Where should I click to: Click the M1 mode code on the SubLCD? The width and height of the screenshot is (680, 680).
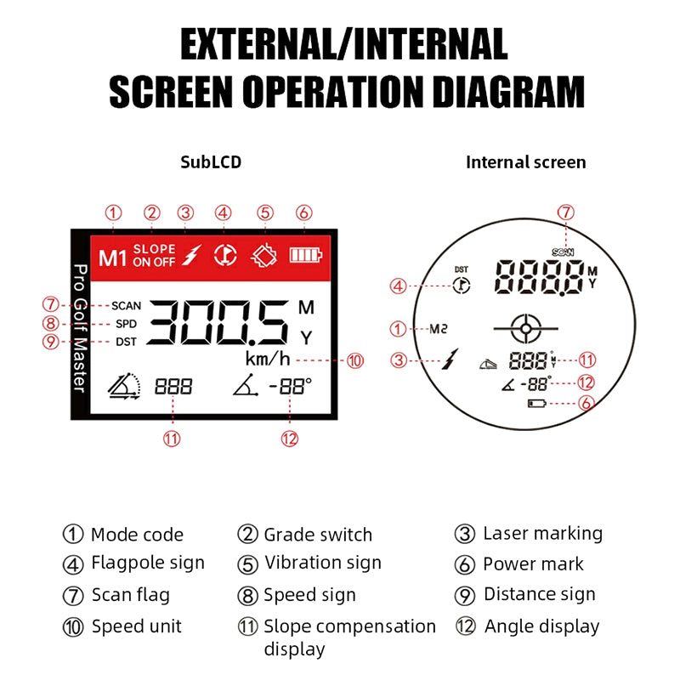click(x=112, y=258)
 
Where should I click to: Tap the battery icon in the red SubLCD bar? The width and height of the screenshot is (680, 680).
click(x=306, y=255)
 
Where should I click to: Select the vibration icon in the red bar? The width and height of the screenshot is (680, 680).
click(x=264, y=256)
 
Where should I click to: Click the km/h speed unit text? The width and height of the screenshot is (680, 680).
click(x=268, y=359)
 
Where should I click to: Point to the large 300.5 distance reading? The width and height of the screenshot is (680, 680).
click(x=218, y=322)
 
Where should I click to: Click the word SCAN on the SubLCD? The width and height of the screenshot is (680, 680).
click(x=126, y=306)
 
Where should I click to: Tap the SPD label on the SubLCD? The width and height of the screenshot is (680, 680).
click(x=126, y=324)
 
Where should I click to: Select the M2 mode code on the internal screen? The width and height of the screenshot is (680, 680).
click(x=438, y=329)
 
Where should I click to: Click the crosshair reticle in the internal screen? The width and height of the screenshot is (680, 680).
click(x=525, y=329)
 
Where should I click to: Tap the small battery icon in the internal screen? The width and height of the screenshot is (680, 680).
click(x=537, y=404)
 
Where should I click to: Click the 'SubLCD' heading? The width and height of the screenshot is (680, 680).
click(x=211, y=162)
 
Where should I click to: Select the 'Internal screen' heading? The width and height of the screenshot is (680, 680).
click(x=525, y=162)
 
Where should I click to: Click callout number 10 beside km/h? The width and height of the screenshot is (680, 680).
click(x=354, y=360)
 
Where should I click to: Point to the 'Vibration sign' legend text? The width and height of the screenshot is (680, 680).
click(x=323, y=563)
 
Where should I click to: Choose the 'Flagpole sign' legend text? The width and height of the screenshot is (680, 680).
click(x=148, y=563)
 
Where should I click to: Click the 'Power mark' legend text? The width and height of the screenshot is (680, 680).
click(x=534, y=564)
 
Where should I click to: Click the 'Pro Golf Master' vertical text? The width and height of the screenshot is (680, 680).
click(x=80, y=328)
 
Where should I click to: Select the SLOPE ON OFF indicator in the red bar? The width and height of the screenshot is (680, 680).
click(x=154, y=255)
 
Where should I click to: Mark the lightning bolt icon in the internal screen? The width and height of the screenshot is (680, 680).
click(x=450, y=359)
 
